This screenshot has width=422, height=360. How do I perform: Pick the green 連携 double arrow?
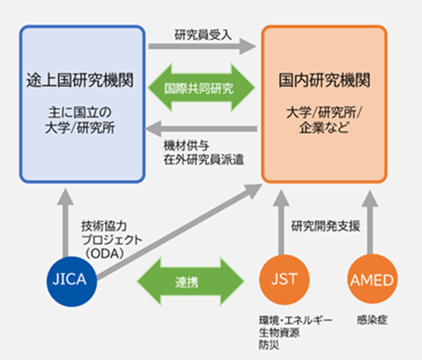pos(188,282)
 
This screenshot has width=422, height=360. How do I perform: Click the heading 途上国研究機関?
pos(82,82)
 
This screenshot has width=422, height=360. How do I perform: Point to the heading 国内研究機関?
pos(324,82)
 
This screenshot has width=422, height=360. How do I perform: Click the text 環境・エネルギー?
pos(295,321)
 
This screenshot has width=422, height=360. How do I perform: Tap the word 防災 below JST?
pos(268,344)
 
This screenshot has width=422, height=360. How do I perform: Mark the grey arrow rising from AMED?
pos(370,222)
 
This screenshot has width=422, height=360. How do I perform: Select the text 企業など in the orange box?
pos(324,127)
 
